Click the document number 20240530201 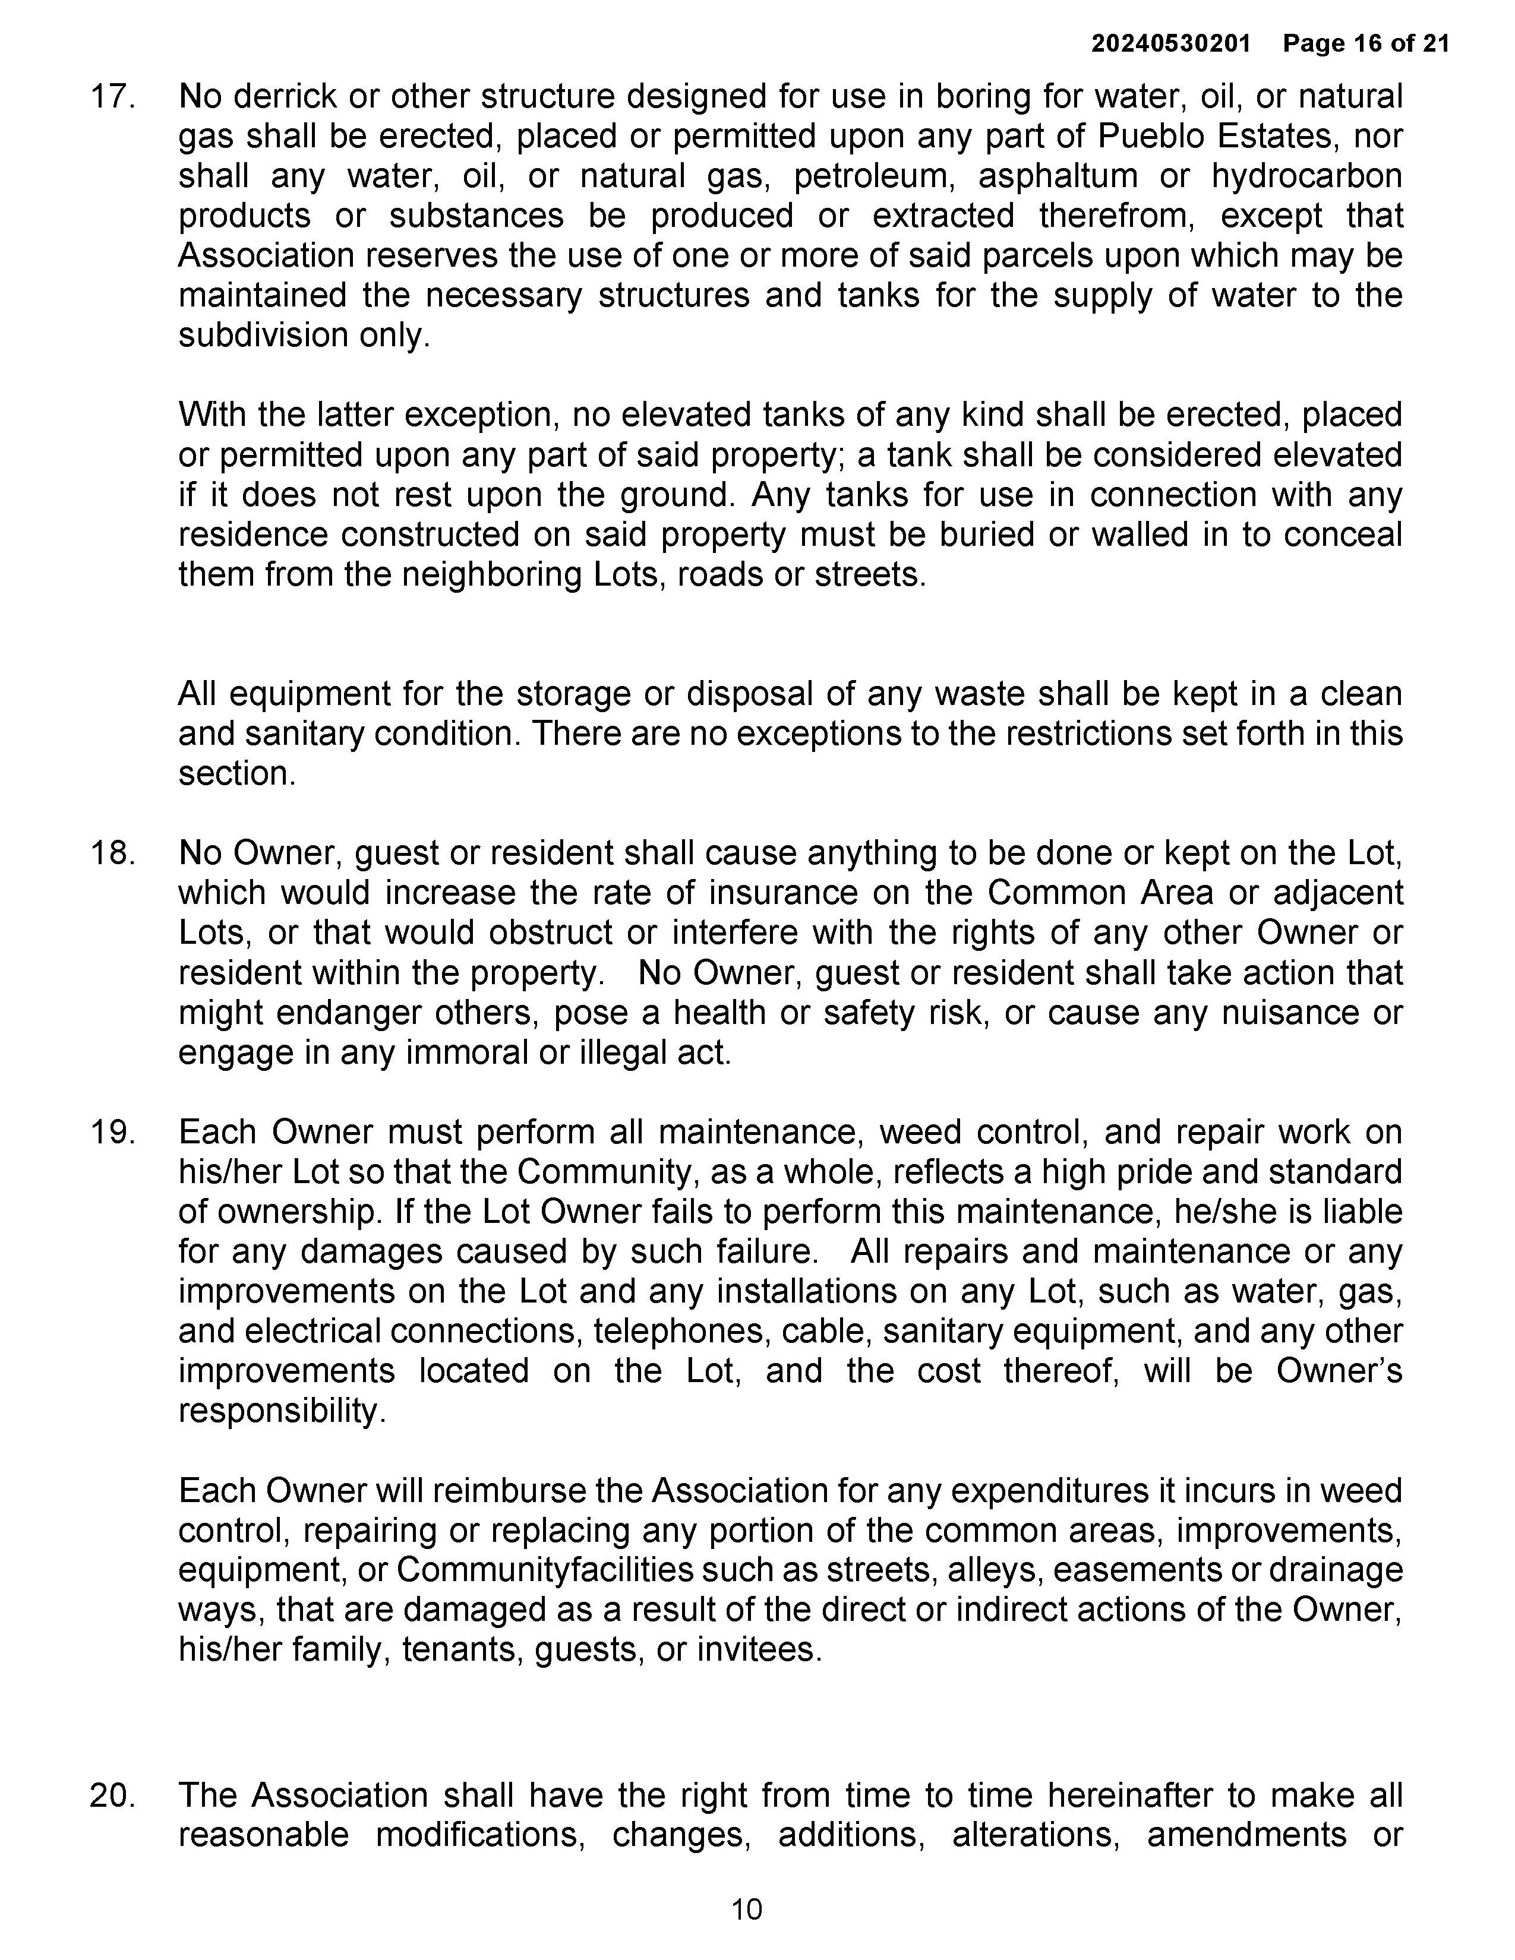(x=1170, y=43)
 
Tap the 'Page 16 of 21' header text (x=1366, y=43)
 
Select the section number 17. (x=112, y=97)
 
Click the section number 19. (x=112, y=1133)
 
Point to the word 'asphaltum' (x=1058, y=176)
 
